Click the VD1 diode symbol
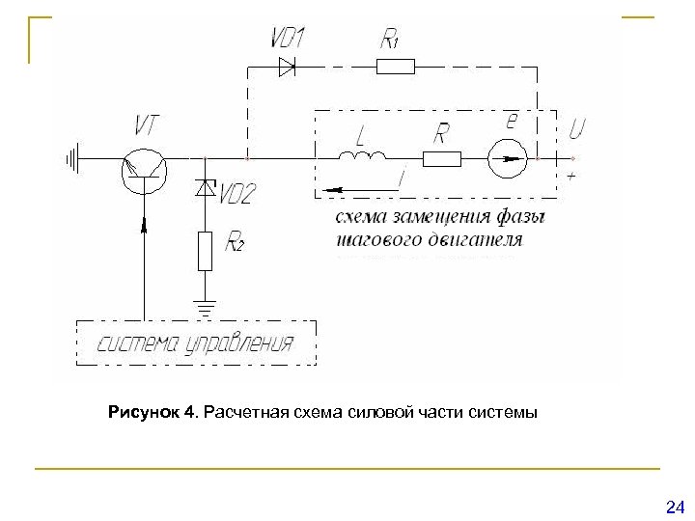[x=286, y=66]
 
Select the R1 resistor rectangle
[x=395, y=66]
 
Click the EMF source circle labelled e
[x=507, y=156]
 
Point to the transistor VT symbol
[x=144, y=166]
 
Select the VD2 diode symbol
[x=204, y=189]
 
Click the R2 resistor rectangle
[x=204, y=250]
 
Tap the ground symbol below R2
[x=204, y=307]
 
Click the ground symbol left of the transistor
[x=70, y=155]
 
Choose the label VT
[x=150, y=124]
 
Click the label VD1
[x=287, y=39]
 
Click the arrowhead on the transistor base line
[x=145, y=225]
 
